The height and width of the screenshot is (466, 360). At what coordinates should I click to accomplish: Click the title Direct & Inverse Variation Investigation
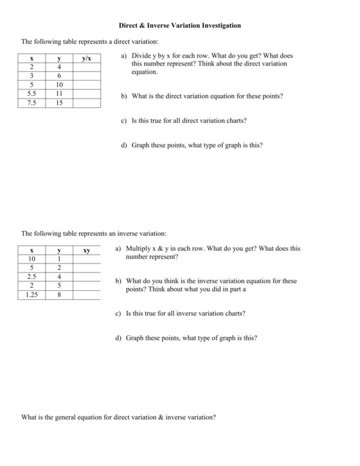click(x=180, y=25)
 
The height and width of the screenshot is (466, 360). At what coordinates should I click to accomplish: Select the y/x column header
click(x=87, y=59)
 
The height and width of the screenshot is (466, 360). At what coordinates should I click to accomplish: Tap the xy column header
click(x=87, y=251)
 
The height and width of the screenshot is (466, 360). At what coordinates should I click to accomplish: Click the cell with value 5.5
click(x=32, y=94)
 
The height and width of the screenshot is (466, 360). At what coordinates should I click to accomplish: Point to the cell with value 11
click(x=59, y=94)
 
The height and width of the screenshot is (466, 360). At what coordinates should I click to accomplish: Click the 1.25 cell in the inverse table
click(x=32, y=295)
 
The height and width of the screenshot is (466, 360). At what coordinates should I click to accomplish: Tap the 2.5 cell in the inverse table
click(x=32, y=277)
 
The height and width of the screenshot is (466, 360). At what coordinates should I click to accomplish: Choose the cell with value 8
click(x=59, y=295)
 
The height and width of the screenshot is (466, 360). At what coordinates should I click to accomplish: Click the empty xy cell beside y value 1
click(x=87, y=259)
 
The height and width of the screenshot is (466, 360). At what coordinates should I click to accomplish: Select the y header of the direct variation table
click(x=59, y=59)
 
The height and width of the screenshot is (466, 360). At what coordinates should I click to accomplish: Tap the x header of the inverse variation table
click(x=32, y=251)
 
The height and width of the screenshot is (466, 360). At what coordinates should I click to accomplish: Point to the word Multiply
click(x=138, y=249)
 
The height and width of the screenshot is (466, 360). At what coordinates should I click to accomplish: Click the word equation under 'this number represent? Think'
click(x=144, y=72)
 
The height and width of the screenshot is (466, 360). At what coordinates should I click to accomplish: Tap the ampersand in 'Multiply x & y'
click(x=166, y=249)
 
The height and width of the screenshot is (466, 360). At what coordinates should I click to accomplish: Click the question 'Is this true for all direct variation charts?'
click(x=189, y=121)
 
